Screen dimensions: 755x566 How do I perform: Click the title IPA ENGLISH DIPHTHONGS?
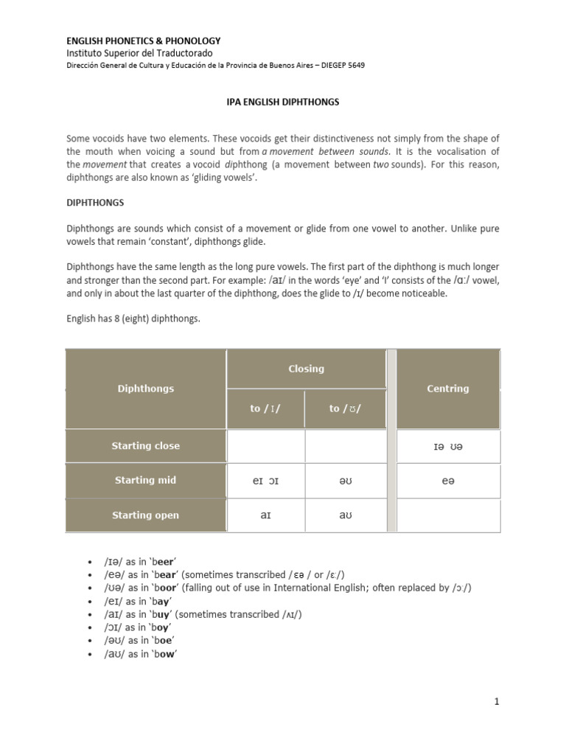point(282,102)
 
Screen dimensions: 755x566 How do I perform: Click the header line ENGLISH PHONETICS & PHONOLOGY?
point(144,41)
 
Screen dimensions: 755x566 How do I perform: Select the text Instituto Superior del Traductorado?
point(139,53)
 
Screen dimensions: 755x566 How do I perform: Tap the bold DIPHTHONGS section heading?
point(95,201)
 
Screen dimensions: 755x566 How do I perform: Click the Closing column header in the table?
point(306,369)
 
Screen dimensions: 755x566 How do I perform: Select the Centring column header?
point(447,389)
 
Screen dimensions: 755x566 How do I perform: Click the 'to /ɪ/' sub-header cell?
point(266,408)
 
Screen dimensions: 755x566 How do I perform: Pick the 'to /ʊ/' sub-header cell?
point(345,408)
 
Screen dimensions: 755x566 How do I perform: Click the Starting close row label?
point(145,446)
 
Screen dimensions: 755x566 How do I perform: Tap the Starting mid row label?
point(145,480)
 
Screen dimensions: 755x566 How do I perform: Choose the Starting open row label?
point(145,515)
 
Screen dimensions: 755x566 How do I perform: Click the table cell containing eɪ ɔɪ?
point(266,481)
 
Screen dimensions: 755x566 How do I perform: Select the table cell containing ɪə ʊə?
point(447,447)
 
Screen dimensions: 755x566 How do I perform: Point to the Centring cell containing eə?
point(447,481)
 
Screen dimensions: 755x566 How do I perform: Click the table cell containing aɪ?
point(266,515)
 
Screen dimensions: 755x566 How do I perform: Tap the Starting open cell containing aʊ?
point(345,515)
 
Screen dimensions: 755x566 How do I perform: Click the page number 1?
point(497,702)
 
